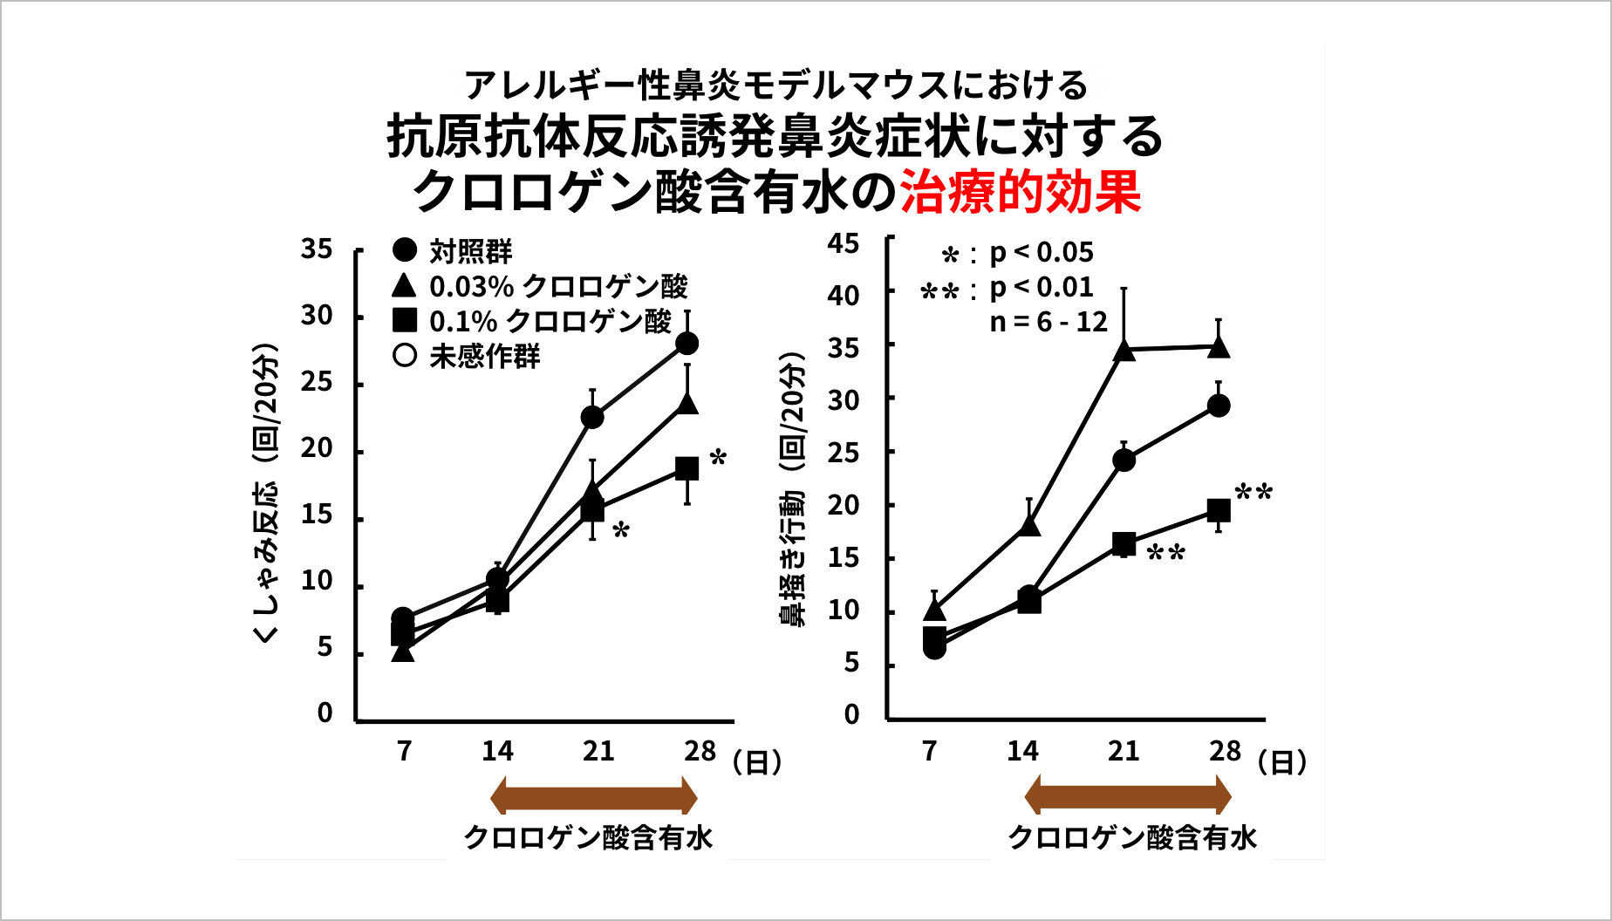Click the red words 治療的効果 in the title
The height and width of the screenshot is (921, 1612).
coord(1020,192)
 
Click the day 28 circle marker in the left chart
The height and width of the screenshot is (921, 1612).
coord(687,343)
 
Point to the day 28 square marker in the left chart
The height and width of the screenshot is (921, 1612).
coord(687,468)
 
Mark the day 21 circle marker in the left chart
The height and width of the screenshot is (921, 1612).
coord(592,417)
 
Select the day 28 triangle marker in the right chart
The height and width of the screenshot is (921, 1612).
coord(1219,347)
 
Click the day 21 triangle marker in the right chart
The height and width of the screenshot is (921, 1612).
coord(1124,351)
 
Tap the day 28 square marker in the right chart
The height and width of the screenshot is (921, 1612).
coord(1219,510)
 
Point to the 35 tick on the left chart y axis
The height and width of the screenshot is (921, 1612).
coord(317,249)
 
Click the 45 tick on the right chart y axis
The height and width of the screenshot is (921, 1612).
coord(844,243)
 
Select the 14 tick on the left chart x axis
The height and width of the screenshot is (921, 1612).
coord(497,751)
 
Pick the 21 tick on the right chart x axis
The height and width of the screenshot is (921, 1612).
coord(1124,751)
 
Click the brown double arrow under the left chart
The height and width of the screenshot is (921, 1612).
coord(593,797)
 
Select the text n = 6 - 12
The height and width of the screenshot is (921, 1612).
coord(1048,322)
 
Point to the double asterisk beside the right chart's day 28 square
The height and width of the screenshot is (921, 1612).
coord(1254,494)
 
